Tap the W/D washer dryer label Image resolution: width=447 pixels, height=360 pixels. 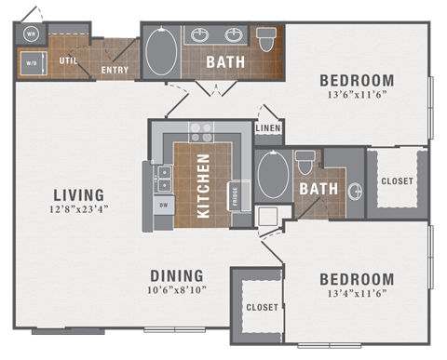pos(30,65)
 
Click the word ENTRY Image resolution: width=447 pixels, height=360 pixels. pos(115,70)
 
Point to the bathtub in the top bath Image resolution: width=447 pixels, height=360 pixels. pos(159,52)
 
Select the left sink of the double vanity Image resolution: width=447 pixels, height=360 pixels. pos(200,35)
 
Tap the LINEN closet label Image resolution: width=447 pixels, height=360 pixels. pos(267,128)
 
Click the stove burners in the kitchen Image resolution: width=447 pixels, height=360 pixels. pos(201,131)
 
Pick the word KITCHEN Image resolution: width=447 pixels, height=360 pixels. pos(204,184)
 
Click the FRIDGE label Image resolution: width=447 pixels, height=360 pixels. pos(234,194)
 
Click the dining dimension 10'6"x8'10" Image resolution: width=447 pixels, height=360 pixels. pos(177,290)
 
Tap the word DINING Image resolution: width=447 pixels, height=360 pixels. pos(177,275)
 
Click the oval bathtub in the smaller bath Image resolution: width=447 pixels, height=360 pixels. pos(273,175)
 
